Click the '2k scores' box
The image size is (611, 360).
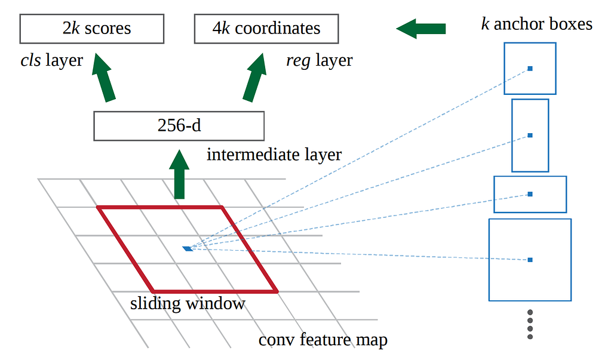tap(91, 29)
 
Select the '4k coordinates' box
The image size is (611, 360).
tap(266, 29)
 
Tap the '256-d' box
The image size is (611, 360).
tap(179, 126)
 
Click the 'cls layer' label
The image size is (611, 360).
tap(51, 60)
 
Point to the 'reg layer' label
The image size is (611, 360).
tap(319, 60)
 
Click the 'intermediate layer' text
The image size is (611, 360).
tap(274, 155)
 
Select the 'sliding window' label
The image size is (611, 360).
tap(188, 303)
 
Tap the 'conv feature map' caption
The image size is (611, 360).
tap(323, 340)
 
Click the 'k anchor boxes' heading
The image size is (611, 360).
tap(536, 24)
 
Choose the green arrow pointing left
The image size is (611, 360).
tap(421, 28)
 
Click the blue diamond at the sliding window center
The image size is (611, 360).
tap(188, 248)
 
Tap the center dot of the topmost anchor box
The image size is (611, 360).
tap(530, 69)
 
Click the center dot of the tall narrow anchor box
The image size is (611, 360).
tap(530, 136)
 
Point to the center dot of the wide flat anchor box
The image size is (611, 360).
tap(530, 194)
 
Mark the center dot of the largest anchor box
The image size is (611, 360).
tap(530, 260)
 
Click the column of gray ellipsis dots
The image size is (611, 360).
tap(530, 324)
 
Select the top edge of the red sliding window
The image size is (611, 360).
tap(160, 207)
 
